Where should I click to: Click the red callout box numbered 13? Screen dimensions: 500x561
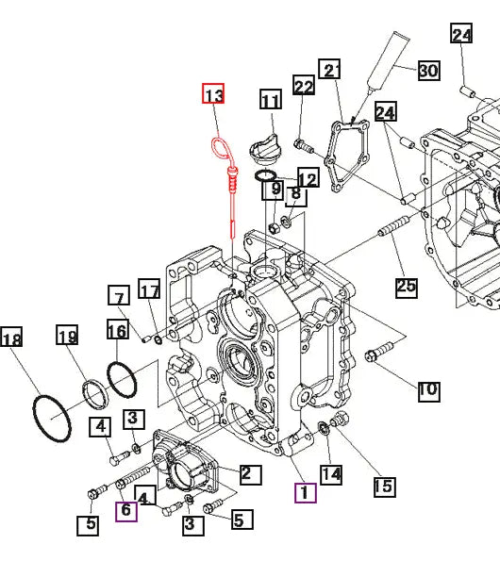(x=213, y=93)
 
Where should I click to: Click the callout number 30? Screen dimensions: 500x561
(x=429, y=70)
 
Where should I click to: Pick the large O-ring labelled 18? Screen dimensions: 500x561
(x=52, y=419)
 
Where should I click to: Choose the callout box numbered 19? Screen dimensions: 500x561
(x=67, y=335)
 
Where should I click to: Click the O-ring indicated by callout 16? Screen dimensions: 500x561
(x=122, y=380)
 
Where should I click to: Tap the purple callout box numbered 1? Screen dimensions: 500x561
(x=306, y=493)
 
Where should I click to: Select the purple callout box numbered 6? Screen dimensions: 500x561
(x=126, y=511)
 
